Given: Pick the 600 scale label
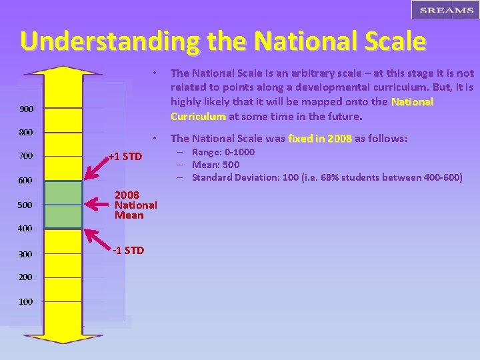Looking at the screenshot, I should (25, 181).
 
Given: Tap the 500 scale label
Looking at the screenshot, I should (25, 205).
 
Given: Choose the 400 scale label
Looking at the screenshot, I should (25, 229).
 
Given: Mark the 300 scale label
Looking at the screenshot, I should (25, 254).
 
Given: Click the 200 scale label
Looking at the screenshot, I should (25, 277).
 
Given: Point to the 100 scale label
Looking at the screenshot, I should (25, 301).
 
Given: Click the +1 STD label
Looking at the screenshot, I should (126, 157).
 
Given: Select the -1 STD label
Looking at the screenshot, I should (127, 251).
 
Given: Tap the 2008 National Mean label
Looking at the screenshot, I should (135, 205).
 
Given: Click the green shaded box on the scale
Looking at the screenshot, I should (63, 205).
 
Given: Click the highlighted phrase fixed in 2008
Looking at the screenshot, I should (319, 139).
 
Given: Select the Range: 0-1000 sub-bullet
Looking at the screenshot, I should (223, 152).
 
